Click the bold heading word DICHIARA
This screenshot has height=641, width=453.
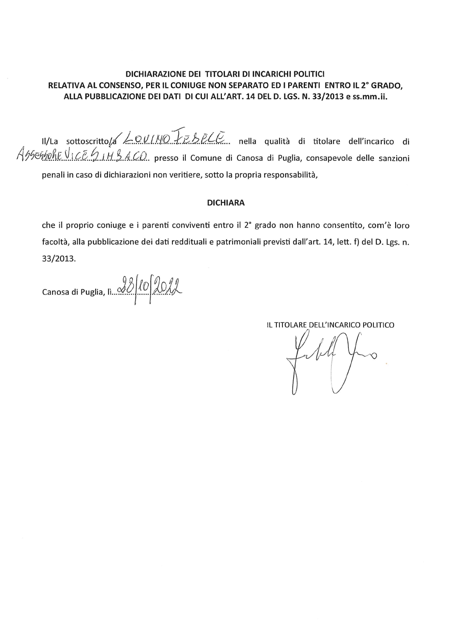(226, 203)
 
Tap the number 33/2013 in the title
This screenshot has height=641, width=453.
(325, 97)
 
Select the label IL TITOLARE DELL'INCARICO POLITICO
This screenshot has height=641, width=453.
(330, 325)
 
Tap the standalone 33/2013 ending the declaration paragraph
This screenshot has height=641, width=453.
(59, 259)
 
